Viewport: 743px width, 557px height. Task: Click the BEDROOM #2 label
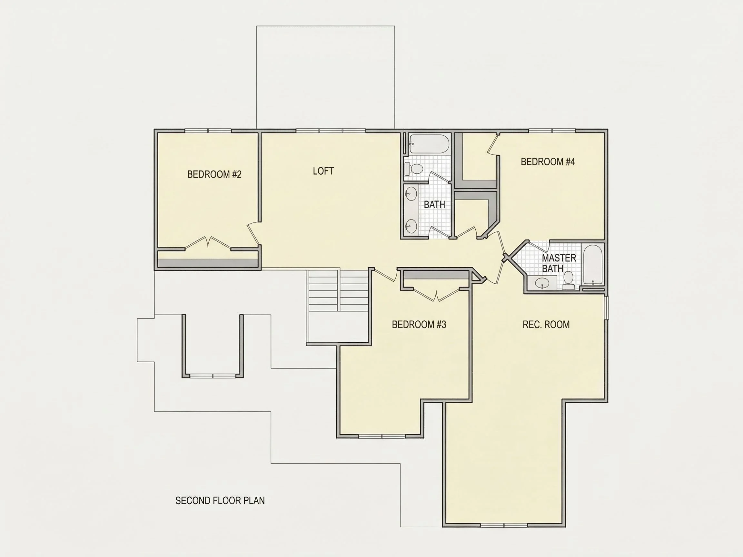pos(214,174)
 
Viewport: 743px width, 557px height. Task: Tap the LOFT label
pos(323,171)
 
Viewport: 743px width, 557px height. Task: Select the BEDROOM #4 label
pos(548,162)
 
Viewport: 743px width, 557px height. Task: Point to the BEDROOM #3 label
pos(419,324)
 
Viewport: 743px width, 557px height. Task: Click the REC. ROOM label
pos(546,324)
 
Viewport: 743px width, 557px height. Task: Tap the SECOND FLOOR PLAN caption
pos(220,501)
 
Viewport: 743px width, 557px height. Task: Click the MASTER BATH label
pos(559,263)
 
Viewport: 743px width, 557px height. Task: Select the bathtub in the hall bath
pos(429,144)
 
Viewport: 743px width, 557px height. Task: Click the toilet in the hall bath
pos(414,169)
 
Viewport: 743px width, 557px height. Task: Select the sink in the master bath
pos(542,283)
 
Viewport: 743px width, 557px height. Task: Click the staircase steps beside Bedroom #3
pos(339,291)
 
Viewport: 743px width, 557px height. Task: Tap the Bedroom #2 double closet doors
pos(208,242)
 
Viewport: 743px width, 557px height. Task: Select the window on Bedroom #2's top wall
pos(208,131)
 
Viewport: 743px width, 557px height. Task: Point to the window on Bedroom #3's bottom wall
pos(382,436)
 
